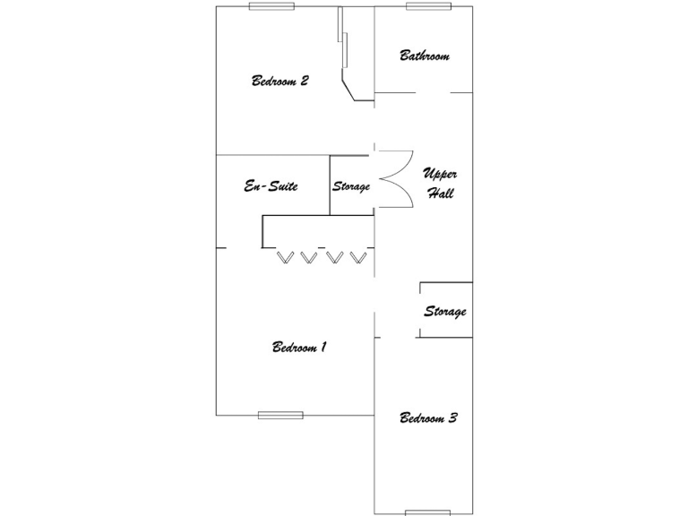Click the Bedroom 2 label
[x=280, y=81]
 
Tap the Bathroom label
[x=425, y=56]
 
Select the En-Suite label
[x=271, y=186]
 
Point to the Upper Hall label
[x=440, y=183]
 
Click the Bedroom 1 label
[x=299, y=347]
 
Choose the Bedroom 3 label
[x=429, y=417]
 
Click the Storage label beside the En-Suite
[x=351, y=186]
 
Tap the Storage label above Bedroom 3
[x=445, y=312]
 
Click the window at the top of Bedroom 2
[x=272, y=6]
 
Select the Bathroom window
[x=426, y=6]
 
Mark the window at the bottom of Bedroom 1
[x=280, y=415]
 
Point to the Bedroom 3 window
[x=427, y=512]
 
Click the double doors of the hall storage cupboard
[x=395, y=179]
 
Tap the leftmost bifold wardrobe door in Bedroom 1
[x=287, y=257]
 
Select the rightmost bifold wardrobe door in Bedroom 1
[x=360, y=257]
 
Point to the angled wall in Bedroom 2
[x=351, y=88]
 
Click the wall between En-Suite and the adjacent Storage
[x=330, y=185]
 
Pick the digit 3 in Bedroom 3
[x=452, y=417]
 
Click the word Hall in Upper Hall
[x=440, y=193]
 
